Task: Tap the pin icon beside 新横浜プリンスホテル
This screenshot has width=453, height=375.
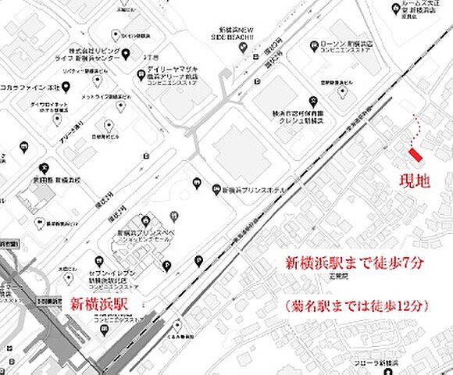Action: click(217, 188)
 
